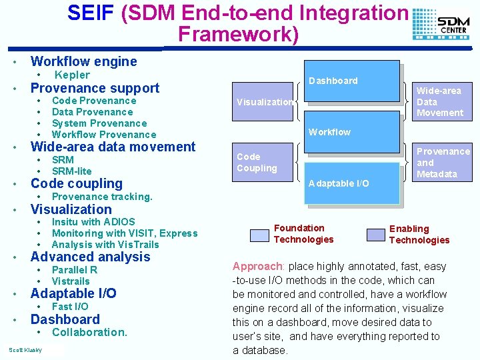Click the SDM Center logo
pos(441,25)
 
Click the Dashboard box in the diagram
pos(333,81)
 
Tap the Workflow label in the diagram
pos(329,132)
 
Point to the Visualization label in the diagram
pos(265,102)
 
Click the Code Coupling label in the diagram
pos(257,163)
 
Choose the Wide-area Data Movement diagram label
pos(439,101)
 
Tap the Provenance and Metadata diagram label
pos(443,163)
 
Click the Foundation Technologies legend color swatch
pos(259,235)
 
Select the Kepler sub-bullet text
pos(72,75)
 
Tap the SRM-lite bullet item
pos(71,171)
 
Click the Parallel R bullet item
pos(75,270)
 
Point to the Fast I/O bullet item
pos(70,307)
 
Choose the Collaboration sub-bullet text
pos(89,332)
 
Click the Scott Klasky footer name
pos(25,350)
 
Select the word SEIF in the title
pos(92,13)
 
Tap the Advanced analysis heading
pos(91,257)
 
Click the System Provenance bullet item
pos(99,123)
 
